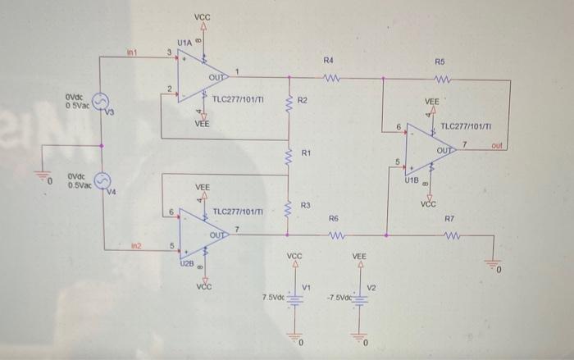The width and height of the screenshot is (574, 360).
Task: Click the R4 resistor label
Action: pyautogui.click(x=328, y=62)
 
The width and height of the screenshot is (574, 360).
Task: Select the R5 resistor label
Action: pyautogui.click(x=440, y=62)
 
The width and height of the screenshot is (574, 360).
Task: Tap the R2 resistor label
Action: pyautogui.click(x=302, y=100)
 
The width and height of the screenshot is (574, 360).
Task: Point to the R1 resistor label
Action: pyautogui.click(x=306, y=153)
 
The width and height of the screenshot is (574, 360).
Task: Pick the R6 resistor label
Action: pyautogui.click(x=333, y=220)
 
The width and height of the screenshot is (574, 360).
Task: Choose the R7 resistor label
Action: pyautogui.click(x=449, y=220)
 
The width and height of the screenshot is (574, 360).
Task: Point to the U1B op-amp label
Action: pyautogui.click(x=411, y=178)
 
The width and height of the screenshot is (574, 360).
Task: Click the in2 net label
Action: pyautogui.click(x=136, y=245)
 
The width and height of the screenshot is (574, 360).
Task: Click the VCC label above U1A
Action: pyautogui.click(x=202, y=18)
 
